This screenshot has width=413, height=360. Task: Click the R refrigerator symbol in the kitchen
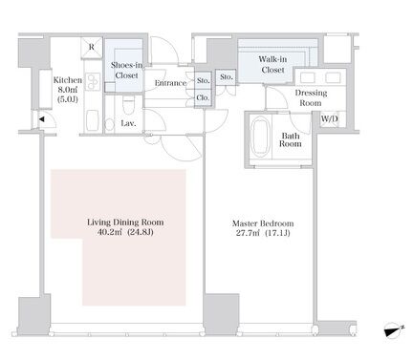point(92,48)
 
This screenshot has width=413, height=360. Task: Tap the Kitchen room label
point(68,80)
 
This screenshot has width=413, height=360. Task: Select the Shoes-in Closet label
point(126,71)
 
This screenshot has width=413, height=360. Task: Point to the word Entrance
point(170,83)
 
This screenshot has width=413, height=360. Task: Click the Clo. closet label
point(203,97)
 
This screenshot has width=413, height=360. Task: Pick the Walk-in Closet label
point(272,64)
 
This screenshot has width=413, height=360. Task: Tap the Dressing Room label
point(311,98)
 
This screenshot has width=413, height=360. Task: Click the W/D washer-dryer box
point(330,119)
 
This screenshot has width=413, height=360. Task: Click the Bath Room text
point(291,140)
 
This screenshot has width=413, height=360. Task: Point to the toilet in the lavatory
point(128,104)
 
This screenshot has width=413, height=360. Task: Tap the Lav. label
point(128,123)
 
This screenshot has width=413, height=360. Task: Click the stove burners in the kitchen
point(93,82)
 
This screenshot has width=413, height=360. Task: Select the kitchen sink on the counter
point(93,120)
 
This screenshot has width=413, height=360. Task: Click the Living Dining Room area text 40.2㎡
point(109,232)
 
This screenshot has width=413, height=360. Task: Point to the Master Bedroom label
point(263,223)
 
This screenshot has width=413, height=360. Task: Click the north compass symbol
point(394,330)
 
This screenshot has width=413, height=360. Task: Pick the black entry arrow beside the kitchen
point(42,119)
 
